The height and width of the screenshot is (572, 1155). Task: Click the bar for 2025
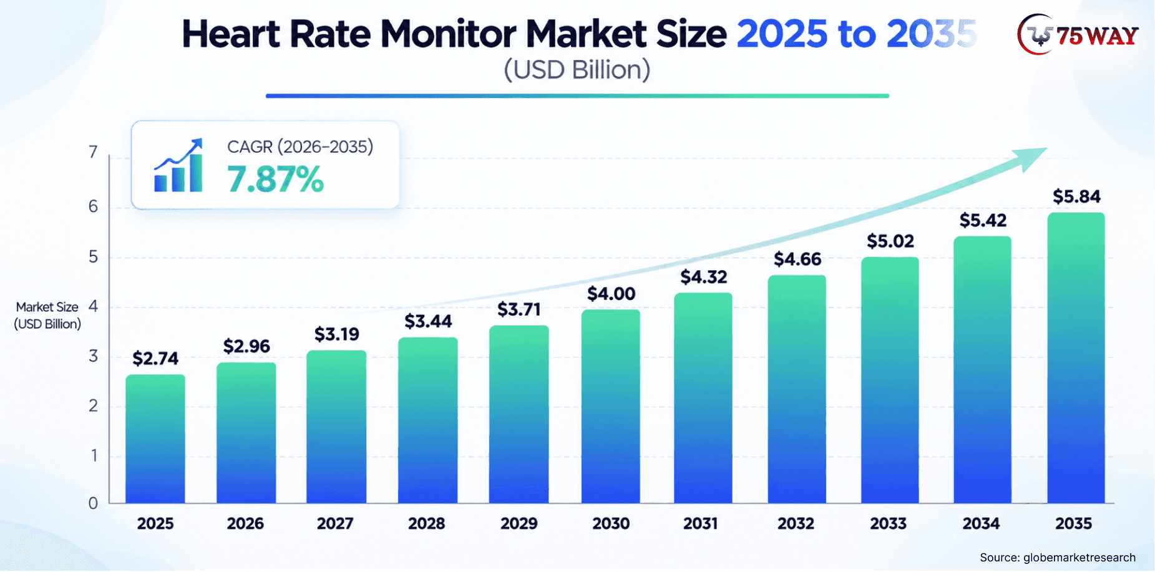[x=155, y=439]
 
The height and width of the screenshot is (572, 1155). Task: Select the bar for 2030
[x=611, y=407]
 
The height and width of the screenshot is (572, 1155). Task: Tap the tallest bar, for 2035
[x=1076, y=358]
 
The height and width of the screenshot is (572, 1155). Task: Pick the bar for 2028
[x=428, y=420]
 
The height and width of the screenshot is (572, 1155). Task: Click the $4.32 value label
[x=704, y=277]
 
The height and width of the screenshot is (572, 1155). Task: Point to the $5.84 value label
[x=1076, y=196]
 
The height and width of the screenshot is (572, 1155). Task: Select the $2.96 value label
[x=246, y=346]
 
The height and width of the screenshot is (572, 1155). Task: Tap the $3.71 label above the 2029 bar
[x=519, y=309]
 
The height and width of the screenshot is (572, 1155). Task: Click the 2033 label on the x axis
[x=889, y=523]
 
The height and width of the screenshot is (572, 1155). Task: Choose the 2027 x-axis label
[x=335, y=523]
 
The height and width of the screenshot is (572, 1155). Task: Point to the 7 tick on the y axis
[x=93, y=152]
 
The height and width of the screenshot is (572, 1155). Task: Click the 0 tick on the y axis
[x=93, y=503]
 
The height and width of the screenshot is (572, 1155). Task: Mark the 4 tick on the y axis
[x=93, y=306]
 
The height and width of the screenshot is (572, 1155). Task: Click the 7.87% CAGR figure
[x=275, y=179]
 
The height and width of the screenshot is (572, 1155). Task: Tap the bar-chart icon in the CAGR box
[x=178, y=165]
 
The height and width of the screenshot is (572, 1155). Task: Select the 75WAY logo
[x=1078, y=35]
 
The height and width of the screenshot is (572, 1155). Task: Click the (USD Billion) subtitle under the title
[x=577, y=70]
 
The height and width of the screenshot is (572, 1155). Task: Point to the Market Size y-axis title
[x=47, y=316]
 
